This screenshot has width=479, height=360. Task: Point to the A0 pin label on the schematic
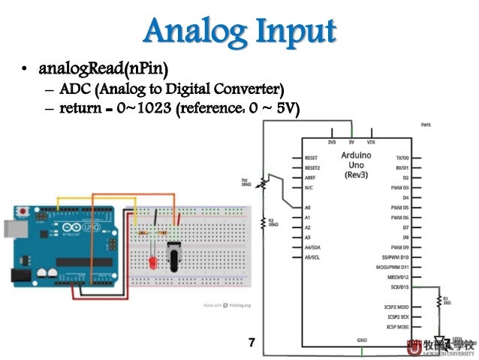pos(308,207)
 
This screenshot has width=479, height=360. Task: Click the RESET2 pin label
pos(312,168)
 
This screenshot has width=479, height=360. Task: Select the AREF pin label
pos(310,177)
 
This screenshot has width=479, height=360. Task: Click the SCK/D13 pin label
pos(398,287)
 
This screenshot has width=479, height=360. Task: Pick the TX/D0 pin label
pos(401,158)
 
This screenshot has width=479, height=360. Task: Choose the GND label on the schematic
pos(361,340)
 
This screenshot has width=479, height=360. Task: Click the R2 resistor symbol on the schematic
pos(264,223)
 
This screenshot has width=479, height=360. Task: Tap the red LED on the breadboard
pos(152,265)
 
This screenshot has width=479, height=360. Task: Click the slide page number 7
pos(252,343)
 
